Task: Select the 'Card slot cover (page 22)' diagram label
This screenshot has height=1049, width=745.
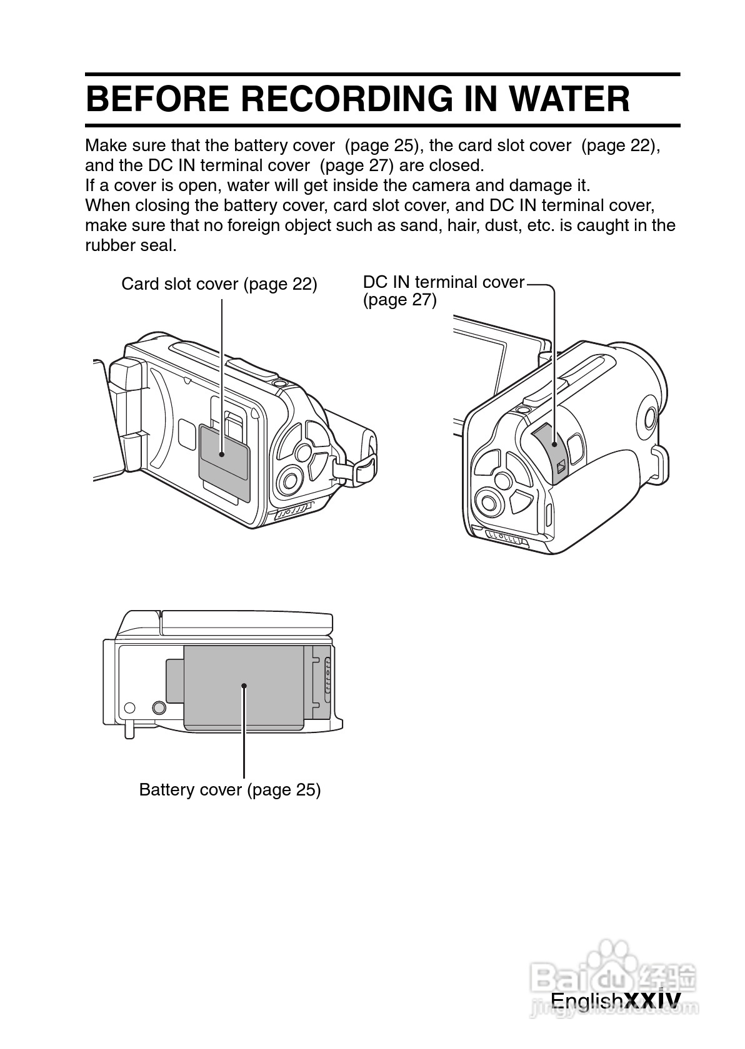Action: tap(219, 284)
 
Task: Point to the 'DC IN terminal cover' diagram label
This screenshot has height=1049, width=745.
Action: tap(443, 282)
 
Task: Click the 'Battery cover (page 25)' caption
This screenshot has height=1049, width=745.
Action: tap(229, 790)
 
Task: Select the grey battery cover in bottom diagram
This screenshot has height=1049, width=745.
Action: tap(244, 687)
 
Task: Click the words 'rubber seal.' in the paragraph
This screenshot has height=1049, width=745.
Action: tap(131, 245)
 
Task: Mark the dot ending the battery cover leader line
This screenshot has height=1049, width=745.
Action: tap(244, 686)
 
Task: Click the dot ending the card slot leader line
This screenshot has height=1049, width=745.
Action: tap(222, 455)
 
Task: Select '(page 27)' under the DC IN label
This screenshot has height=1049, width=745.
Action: tap(399, 300)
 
